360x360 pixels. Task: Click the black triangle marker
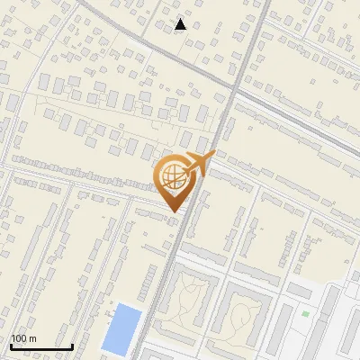181,25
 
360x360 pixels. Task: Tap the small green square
305,314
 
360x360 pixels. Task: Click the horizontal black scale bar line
41,346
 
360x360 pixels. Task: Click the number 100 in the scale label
20,339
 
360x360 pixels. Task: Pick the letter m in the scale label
32,339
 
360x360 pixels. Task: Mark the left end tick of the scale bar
11,345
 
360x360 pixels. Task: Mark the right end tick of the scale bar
72,345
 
